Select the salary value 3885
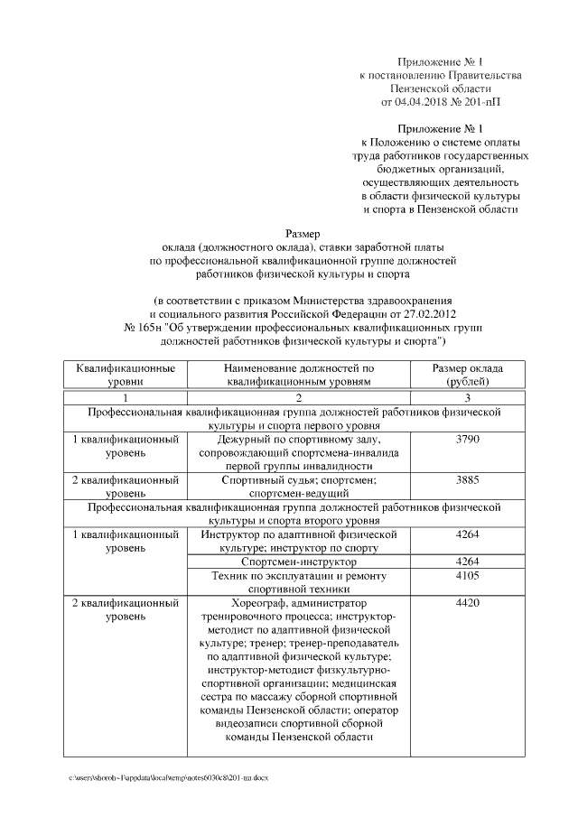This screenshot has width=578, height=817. pyautogui.click(x=467, y=479)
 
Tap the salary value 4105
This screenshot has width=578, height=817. pyautogui.click(x=467, y=575)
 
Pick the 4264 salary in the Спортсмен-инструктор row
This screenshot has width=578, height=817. pyautogui.click(x=467, y=562)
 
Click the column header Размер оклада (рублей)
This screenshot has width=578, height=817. pyautogui.click(x=467, y=376)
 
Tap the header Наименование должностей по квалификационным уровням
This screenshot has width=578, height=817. pyautogui.click(x=299, y=376)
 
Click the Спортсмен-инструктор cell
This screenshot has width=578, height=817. pyautogui.click(x=299, y=562)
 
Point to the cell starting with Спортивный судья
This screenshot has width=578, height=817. pyautogui.click(x=299, y=487)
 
